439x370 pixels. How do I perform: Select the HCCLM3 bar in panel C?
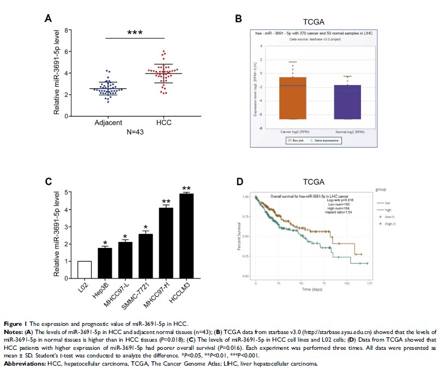pyautogui.click(x=187, y=235)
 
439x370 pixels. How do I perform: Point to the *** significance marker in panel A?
pyautogui.click(x=135, y=33)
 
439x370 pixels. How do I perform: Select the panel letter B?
pyautogui.click(x=238, y=19)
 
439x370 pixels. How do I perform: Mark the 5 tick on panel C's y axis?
pyautogui.click(x=67, y=192)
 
